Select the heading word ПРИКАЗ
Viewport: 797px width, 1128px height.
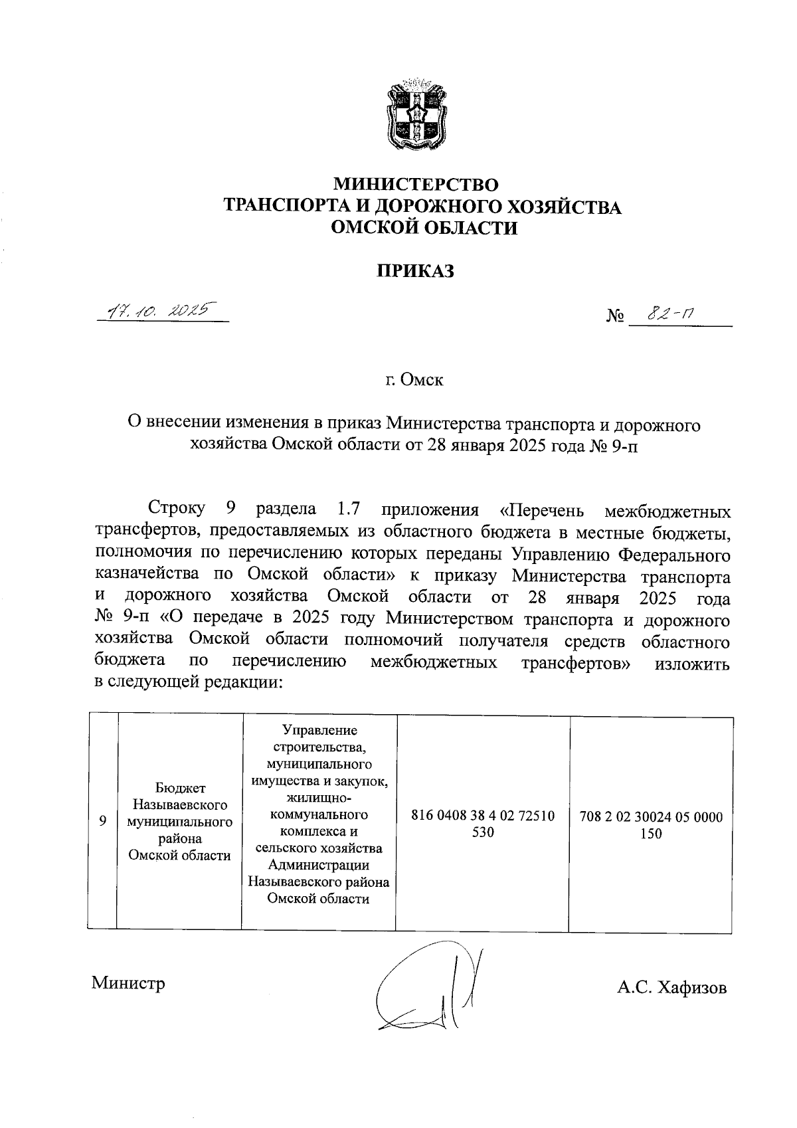[x=416, y=271]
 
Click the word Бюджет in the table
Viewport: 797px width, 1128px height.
[x=180, y=789]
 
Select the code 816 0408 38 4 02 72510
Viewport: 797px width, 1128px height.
[x=483, y=815]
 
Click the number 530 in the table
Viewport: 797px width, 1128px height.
[x=483, y=832]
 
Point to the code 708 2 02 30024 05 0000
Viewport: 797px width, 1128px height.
[x=651, y=817]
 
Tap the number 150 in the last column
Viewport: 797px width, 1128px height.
[x=651, y=834]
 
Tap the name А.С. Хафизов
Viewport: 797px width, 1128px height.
[x=671, y=988]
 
